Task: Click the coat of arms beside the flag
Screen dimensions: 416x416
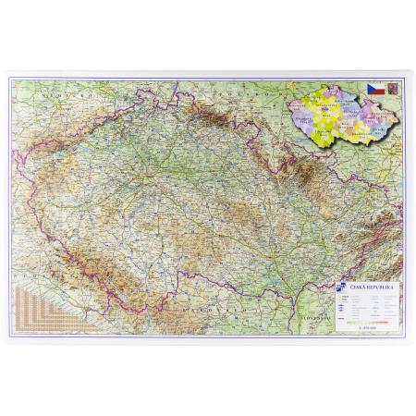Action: coord(391,89)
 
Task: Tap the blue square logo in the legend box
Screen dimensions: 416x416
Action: coord(342,287)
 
